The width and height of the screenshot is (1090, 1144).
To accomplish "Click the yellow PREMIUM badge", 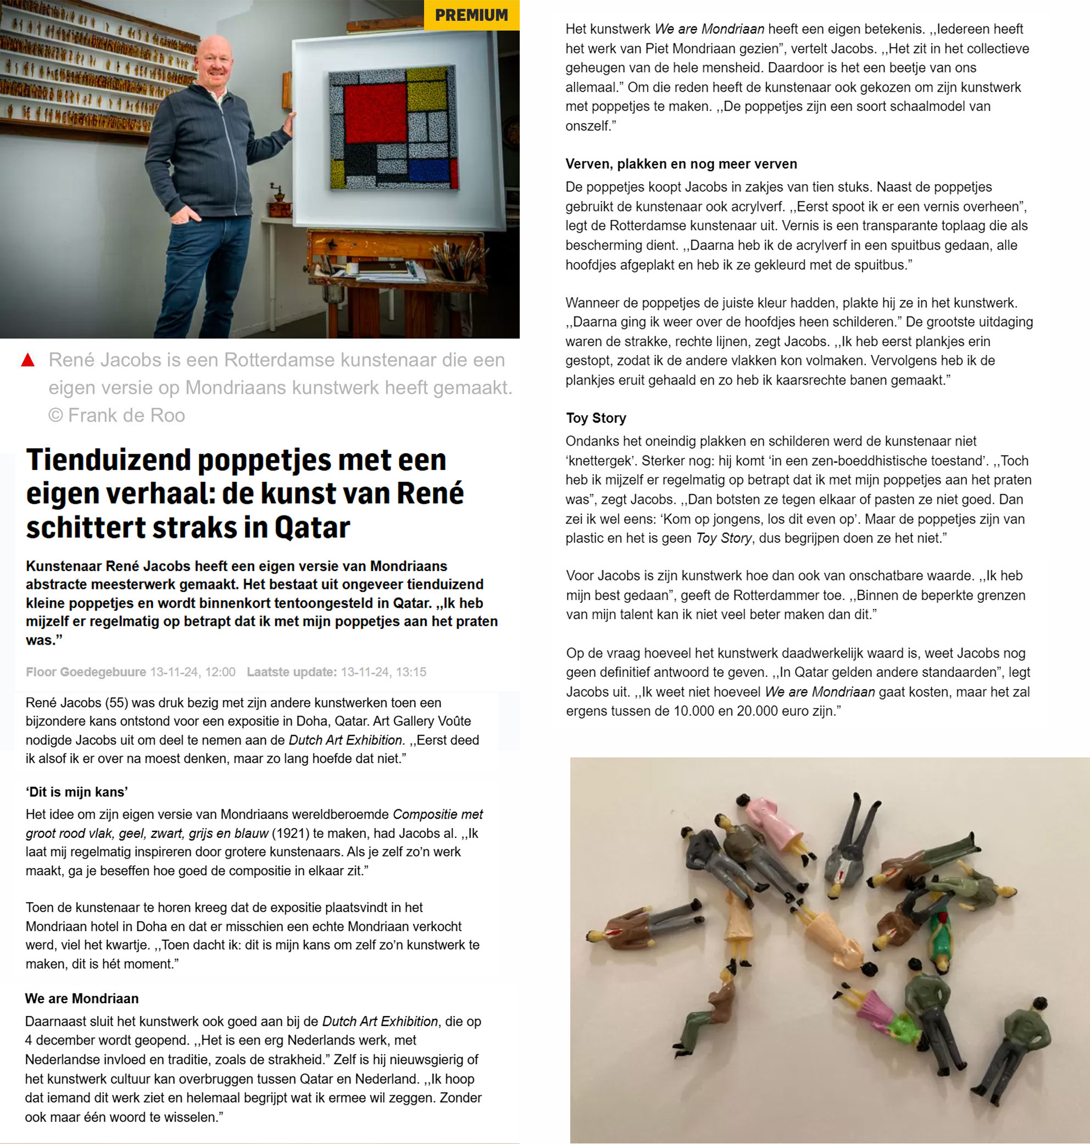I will [x=471, y=15].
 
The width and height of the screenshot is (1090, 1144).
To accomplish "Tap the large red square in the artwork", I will [x=375, y=113].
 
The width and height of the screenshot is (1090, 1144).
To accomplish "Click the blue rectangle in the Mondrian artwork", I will [x=430, y=170].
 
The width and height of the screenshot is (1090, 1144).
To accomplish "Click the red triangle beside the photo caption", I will [x=27, y=360].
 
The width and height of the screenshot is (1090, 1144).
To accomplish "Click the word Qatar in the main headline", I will [x=312, y=527].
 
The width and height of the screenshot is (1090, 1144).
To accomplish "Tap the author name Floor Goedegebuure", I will [x=86, y=672].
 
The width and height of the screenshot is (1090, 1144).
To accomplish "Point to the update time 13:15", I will [x=411, y=672].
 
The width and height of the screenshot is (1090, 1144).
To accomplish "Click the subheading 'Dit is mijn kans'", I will [x=77, y=792].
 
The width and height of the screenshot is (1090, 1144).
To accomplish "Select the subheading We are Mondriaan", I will [x=82, y=998].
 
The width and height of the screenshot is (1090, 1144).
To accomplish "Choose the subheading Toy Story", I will [x=596, y=418].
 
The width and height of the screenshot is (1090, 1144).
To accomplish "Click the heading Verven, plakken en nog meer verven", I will [x=681, y=164].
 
